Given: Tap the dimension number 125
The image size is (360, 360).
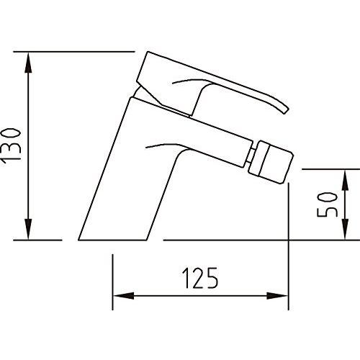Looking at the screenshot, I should coord(200,277).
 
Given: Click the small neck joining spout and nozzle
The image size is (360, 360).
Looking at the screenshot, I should coord(248,154).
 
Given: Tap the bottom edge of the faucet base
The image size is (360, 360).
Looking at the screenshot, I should coord(115,240).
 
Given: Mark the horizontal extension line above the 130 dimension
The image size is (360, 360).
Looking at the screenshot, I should coord(72,51).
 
